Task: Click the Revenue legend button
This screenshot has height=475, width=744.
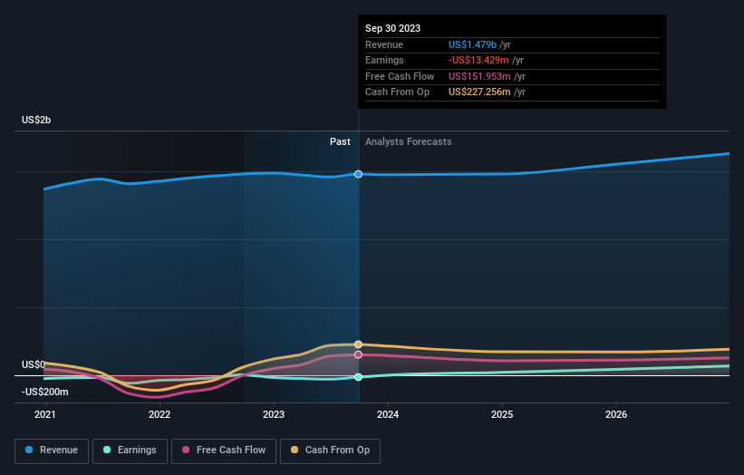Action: point(52,450)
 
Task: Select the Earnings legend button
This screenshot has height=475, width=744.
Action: point(130,450)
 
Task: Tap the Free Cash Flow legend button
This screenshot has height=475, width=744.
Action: point(224,450)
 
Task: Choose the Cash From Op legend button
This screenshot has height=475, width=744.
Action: point(330,450)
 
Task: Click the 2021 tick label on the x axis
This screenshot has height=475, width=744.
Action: point(44,415)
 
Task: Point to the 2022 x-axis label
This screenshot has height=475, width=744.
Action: point(159,415)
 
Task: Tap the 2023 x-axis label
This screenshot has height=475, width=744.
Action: point(274,415)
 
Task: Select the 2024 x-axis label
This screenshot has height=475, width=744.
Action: point(388,415)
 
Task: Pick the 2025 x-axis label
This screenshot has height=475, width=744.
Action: point(502,415)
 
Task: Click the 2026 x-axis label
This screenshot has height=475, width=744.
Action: point(616,415)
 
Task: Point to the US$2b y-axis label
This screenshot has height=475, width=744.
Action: point(37,121)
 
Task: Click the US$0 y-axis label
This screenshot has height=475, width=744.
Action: point(34,364)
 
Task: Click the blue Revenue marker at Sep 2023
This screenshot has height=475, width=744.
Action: point(359,174)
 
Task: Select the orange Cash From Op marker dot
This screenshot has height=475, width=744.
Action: point(359,344)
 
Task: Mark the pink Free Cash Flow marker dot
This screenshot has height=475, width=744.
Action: point(359,354)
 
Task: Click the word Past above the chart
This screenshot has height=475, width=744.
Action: point(340,141)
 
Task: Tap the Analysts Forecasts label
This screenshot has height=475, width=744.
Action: point(408,141)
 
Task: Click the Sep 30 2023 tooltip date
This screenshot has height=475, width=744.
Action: point(392,28)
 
